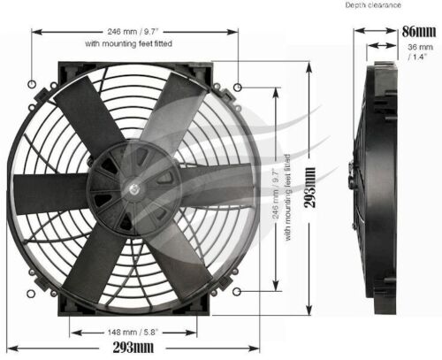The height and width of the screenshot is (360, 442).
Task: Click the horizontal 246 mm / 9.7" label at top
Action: [x=134, y=28]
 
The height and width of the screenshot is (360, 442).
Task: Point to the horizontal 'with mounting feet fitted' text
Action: [x=134, y=42]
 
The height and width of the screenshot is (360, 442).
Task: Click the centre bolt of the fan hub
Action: [x=133, y=188]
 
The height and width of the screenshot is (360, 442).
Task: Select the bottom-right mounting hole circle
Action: [x=239, y=290]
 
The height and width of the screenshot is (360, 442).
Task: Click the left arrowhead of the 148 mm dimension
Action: [x=73, y=333]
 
